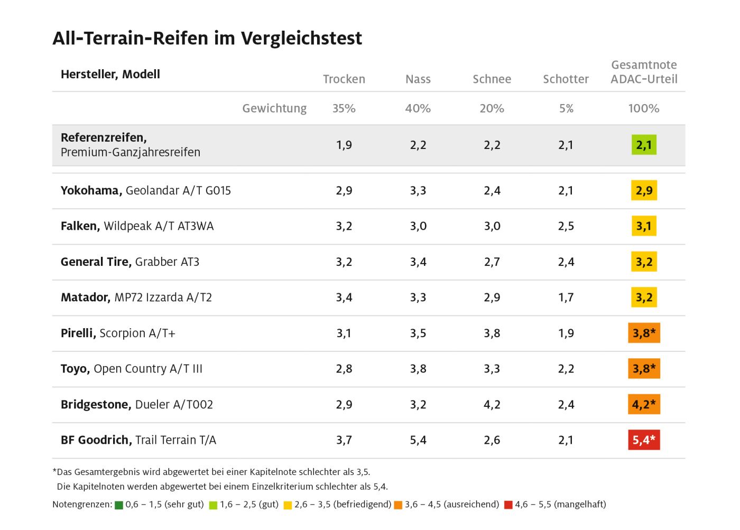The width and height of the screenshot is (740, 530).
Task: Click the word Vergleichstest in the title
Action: click(301, 39)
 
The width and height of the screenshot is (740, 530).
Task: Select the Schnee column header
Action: click(492, 79)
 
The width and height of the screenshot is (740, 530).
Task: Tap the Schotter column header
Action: click(566, 79)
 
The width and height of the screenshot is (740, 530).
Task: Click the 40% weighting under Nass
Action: click(418, 108)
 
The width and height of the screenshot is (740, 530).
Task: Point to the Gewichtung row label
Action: click(274, 108)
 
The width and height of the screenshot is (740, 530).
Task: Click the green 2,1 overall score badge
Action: click(644, 145)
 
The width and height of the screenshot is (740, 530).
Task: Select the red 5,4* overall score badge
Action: click(644, 440)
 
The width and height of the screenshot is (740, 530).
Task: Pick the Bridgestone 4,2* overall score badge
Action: click(644, 404)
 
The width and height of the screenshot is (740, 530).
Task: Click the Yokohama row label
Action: click(145, 191)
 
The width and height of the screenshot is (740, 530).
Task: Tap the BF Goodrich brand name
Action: click(96, 440)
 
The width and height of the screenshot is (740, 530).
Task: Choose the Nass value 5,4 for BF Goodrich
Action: click(418, 440)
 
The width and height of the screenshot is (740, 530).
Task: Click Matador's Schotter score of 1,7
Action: click(566, 297)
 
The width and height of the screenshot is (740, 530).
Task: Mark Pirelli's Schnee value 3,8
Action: click(492, 333)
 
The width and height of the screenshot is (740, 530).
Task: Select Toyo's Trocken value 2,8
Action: click(344, 369)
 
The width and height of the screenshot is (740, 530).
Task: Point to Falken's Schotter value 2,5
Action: click(566, 226)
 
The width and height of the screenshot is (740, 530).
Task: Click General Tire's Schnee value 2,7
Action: click(492, 262)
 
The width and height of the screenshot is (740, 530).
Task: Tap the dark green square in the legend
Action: click(119, 505)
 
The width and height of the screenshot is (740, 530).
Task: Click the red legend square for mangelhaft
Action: click(508, 505)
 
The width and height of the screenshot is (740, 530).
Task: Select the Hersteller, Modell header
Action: click(110, 75)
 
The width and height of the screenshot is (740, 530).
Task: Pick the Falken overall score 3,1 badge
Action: click(644, 226)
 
